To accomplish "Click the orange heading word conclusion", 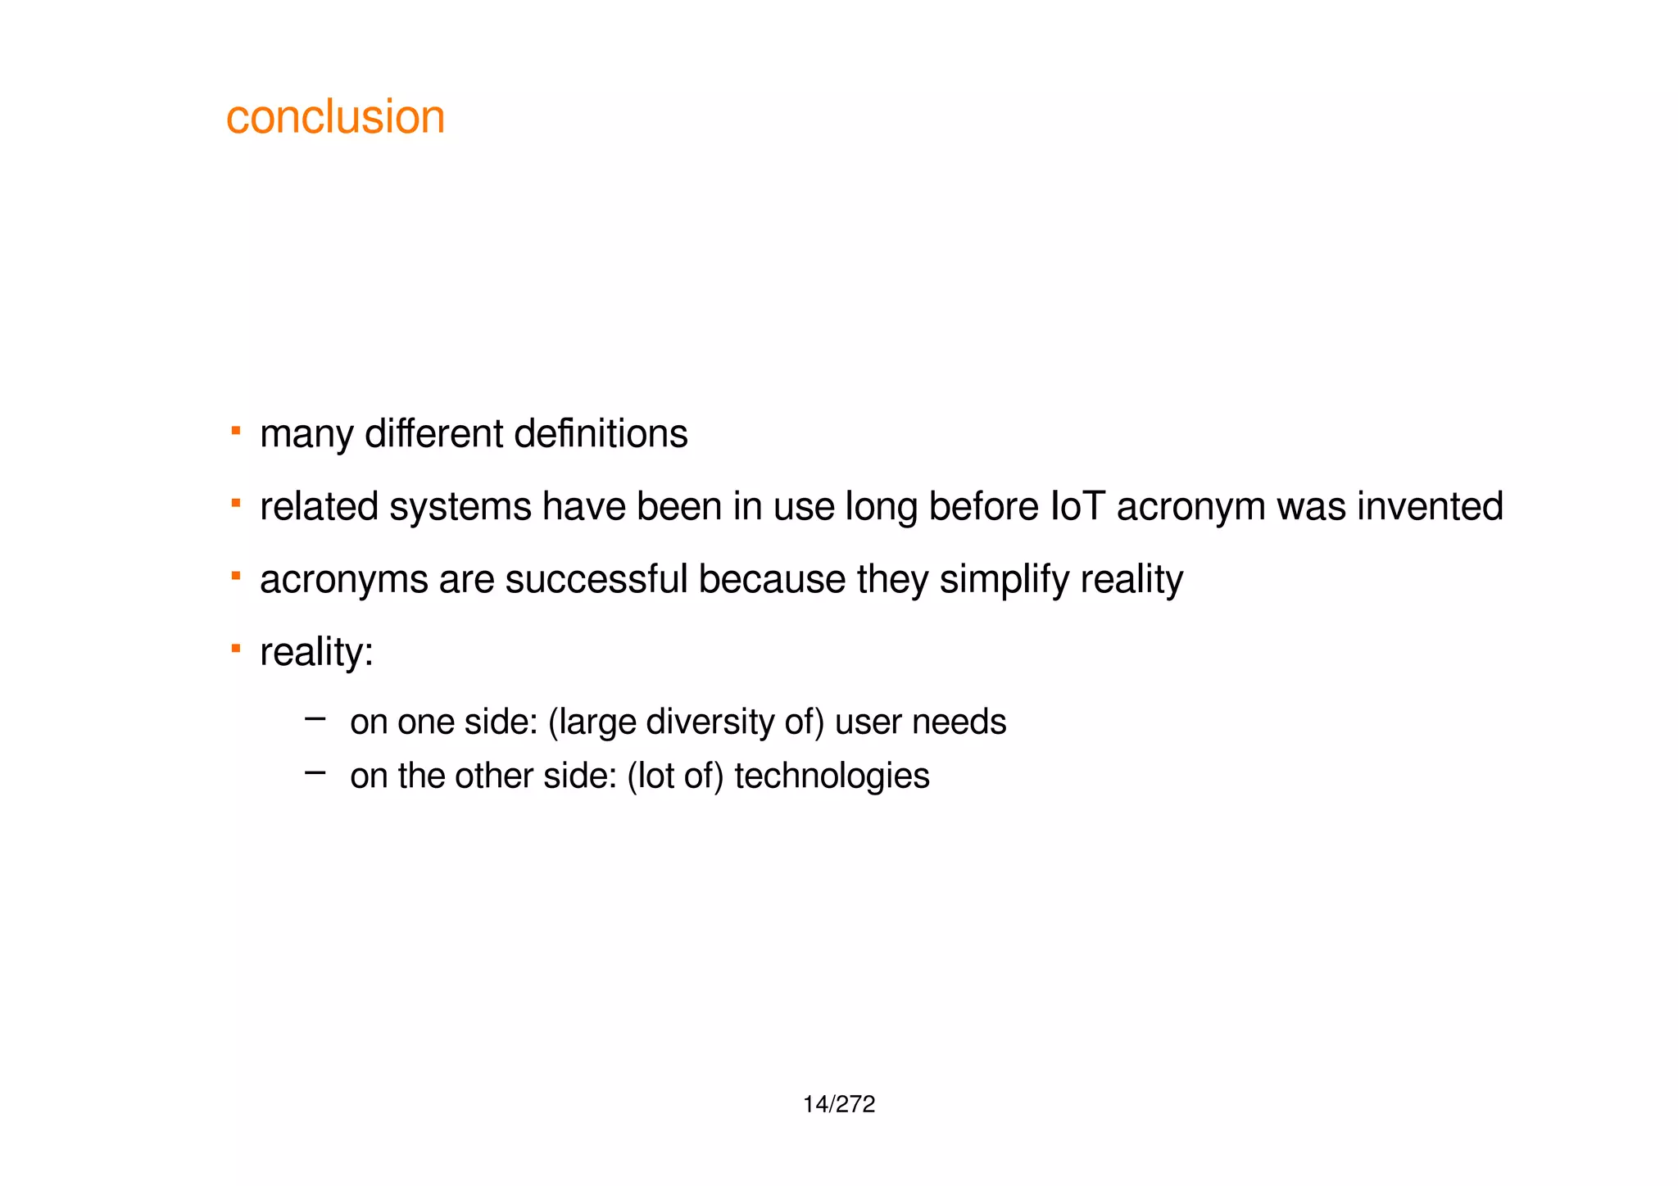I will [x=335, y=117].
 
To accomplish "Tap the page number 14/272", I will [x=839, y=1105].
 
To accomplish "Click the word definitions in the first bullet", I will [x=601, y=434].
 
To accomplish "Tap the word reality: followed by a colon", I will [x=316, y=653].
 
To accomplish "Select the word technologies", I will [x=832, y=776].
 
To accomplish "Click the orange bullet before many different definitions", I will [x=236, y=429].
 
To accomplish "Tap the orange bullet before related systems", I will [x=236, y=502].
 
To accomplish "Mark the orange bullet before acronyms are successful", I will [x=236, y=575].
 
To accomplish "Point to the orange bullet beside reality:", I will [x=236, y=648].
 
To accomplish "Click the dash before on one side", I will [x=315, y=719].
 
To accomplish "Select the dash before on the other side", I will [x=315, y=772].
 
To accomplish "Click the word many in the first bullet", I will [x=306, y=435].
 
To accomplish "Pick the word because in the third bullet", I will [x=772, y=579].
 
